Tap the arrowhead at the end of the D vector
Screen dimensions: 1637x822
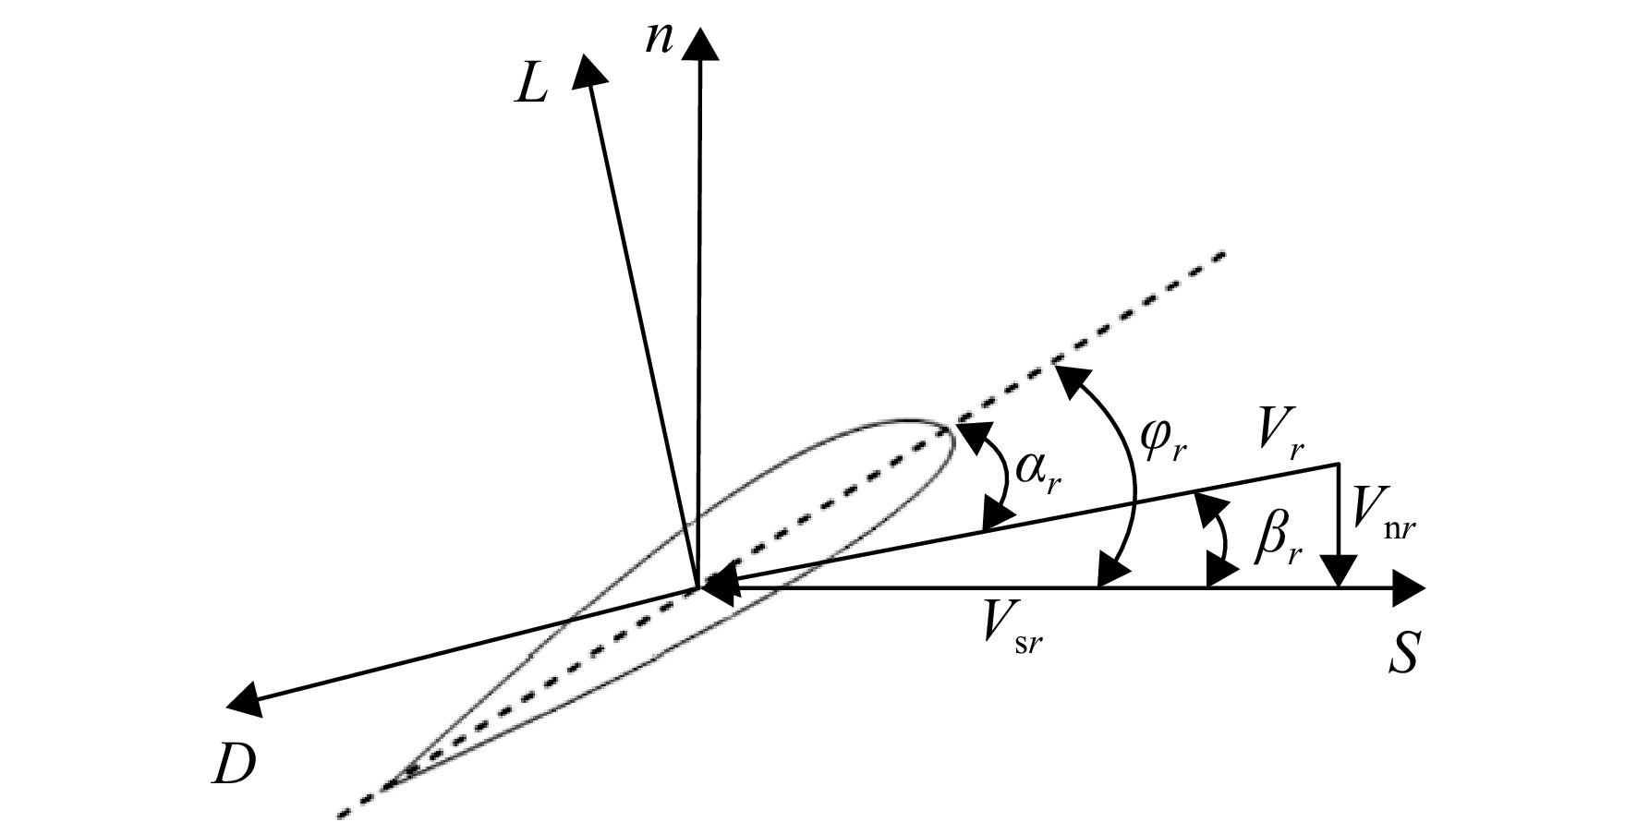244,699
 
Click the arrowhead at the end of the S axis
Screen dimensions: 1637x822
1410,586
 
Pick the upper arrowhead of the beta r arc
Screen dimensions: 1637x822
1206,506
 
